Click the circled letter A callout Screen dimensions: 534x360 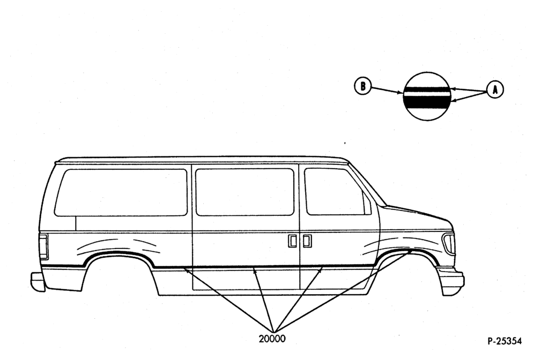(495, 90)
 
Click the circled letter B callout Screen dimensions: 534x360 (362, 86)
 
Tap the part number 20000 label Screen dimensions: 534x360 (272, 339)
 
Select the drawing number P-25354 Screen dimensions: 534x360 (505, 341)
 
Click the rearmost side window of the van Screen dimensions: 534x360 (121, 192)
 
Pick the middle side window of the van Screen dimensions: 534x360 (244, 192)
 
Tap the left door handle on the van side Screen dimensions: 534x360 (292, 241)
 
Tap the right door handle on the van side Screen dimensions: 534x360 (307, 241)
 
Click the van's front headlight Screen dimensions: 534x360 (449, 243)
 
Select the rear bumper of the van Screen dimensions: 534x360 (38, 281)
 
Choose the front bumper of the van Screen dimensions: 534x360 (451, 281)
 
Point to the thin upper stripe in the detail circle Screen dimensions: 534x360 (428, 89)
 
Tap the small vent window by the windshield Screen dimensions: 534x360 (367, 204)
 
